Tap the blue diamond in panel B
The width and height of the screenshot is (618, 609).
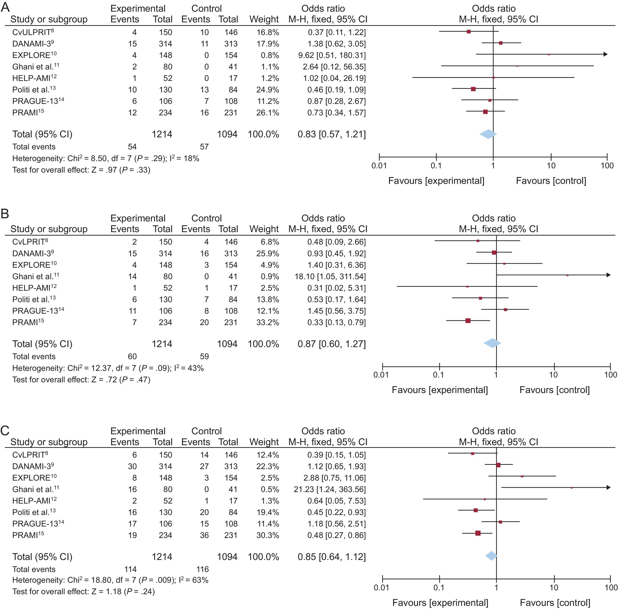point(492,343)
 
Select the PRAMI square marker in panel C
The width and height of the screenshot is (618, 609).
point(478,533)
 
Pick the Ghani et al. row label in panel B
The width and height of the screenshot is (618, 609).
point(35,276)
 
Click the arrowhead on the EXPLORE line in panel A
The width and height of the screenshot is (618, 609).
point(605,54)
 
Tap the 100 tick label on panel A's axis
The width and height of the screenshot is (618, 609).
point(607,165)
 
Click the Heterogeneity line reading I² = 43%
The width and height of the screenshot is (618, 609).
point(108,368)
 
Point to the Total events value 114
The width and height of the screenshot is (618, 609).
point(130,569)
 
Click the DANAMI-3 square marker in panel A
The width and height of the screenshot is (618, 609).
point(501,43)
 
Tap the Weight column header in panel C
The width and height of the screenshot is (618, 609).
point(264,442)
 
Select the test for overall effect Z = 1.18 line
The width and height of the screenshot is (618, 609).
point(83,591)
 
